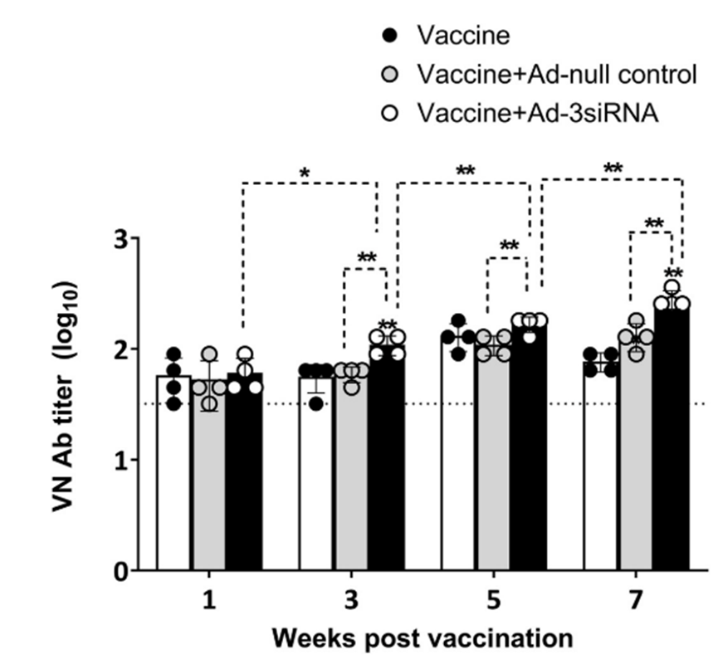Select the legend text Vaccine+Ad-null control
pos(557,75)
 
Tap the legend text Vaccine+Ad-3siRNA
pos(539,113)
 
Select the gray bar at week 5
pos(493,465)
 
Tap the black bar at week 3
pos(387,465)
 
